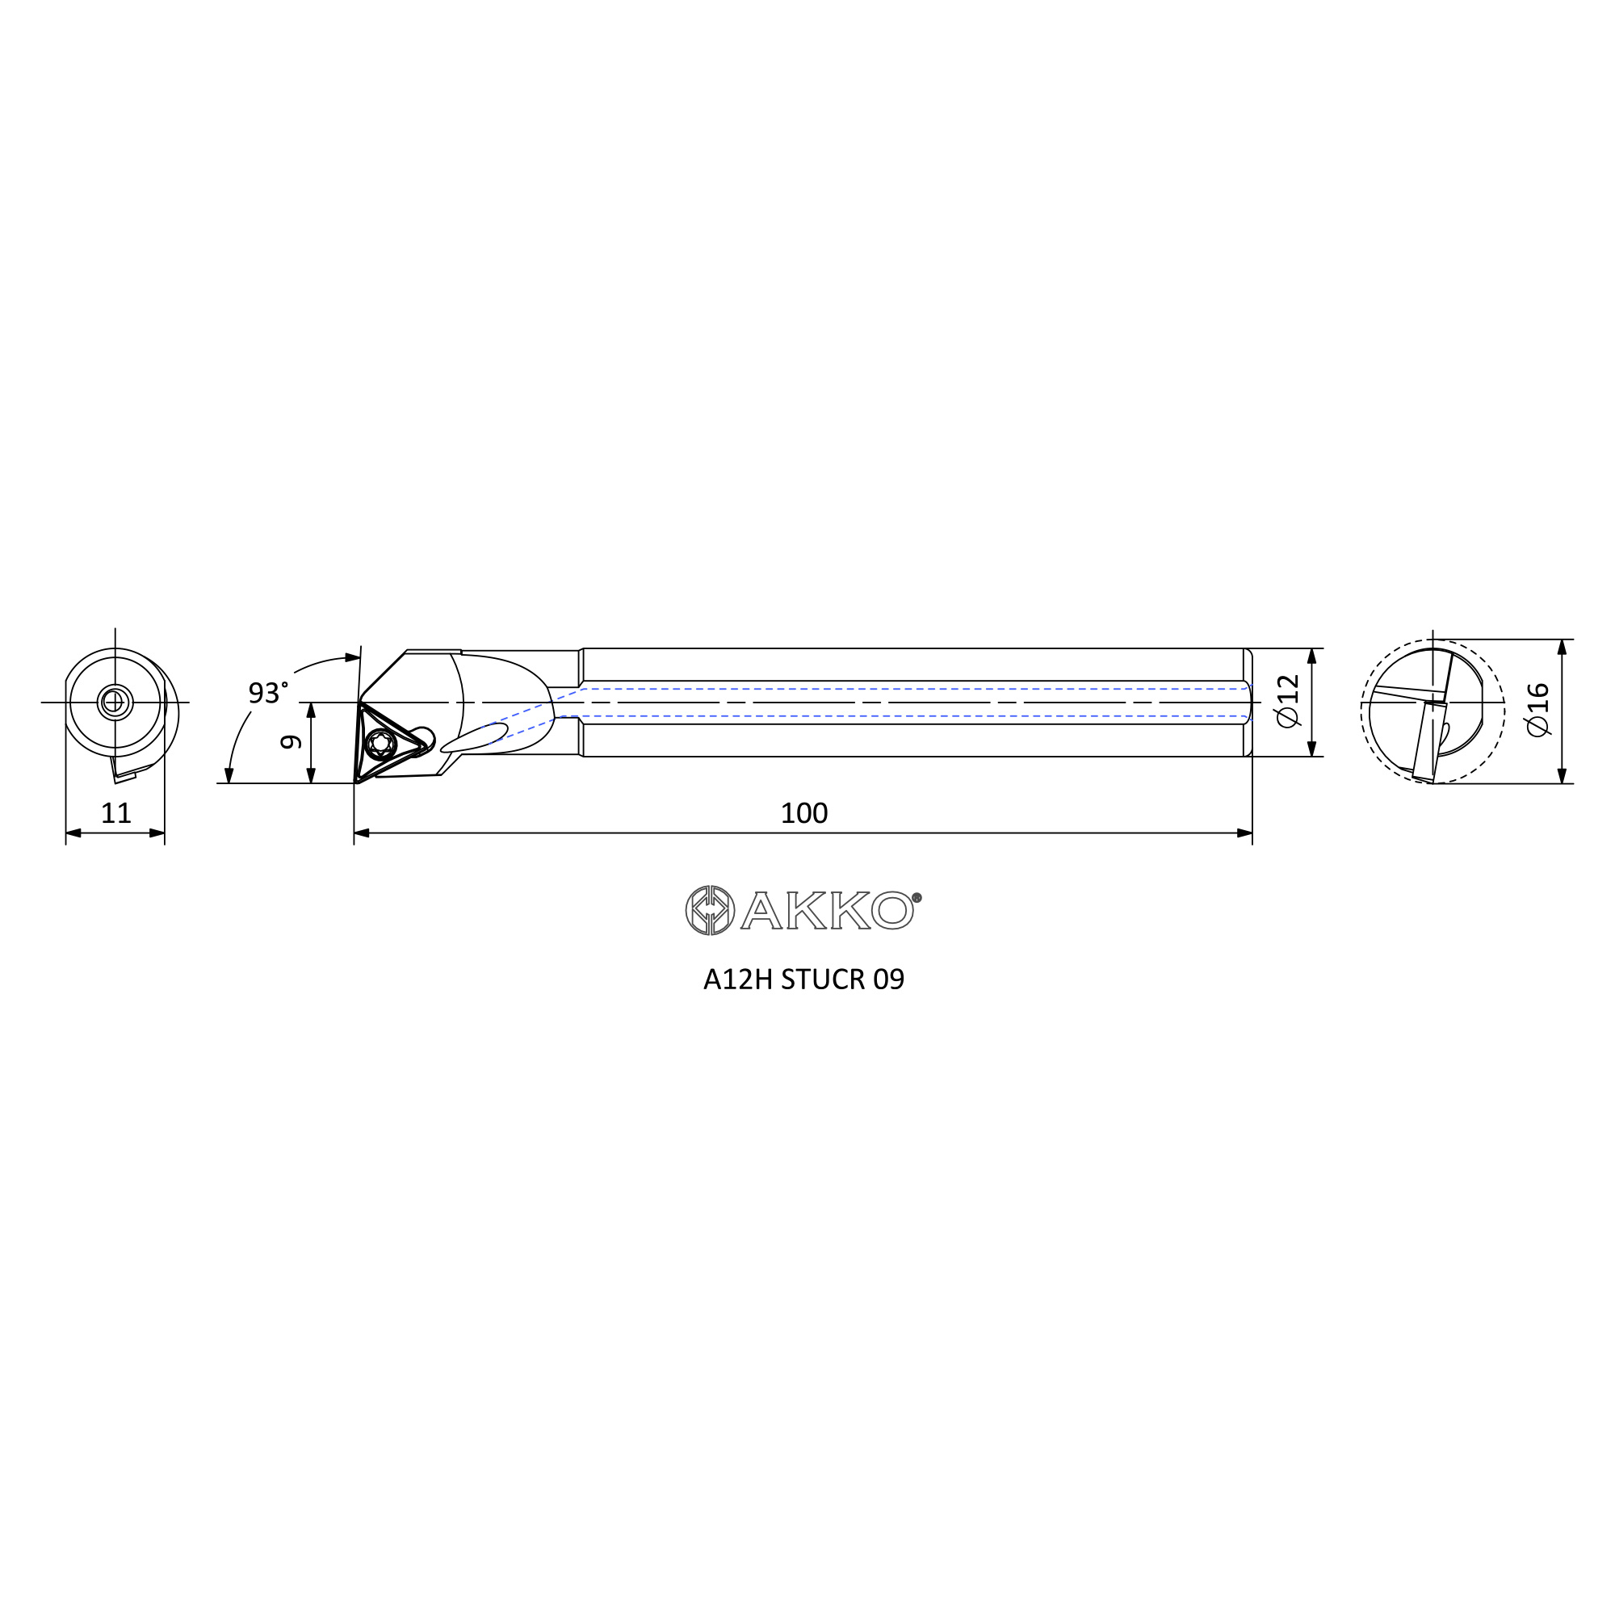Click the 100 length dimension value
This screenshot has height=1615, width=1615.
803,813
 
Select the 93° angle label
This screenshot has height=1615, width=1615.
267,692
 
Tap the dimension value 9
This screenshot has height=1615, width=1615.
291,741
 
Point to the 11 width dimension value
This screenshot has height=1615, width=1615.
116,813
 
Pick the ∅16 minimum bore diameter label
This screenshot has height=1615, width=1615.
1538,710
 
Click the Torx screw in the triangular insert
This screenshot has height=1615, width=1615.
381,743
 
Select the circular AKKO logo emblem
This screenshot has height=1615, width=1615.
710,909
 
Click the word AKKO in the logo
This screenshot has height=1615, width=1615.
826,910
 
